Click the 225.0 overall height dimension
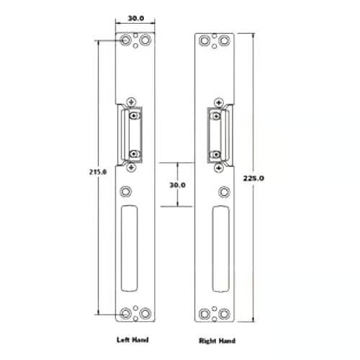[253, 179]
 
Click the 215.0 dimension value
[98, 172]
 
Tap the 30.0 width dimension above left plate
[135, 18]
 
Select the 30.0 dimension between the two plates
[178, 185]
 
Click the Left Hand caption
[132, 340]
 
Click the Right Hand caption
[217, 341]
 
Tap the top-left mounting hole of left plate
[125, 40]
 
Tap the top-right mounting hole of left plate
[145, 40]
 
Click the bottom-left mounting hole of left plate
[125, 313]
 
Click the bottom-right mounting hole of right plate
[225, 314]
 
